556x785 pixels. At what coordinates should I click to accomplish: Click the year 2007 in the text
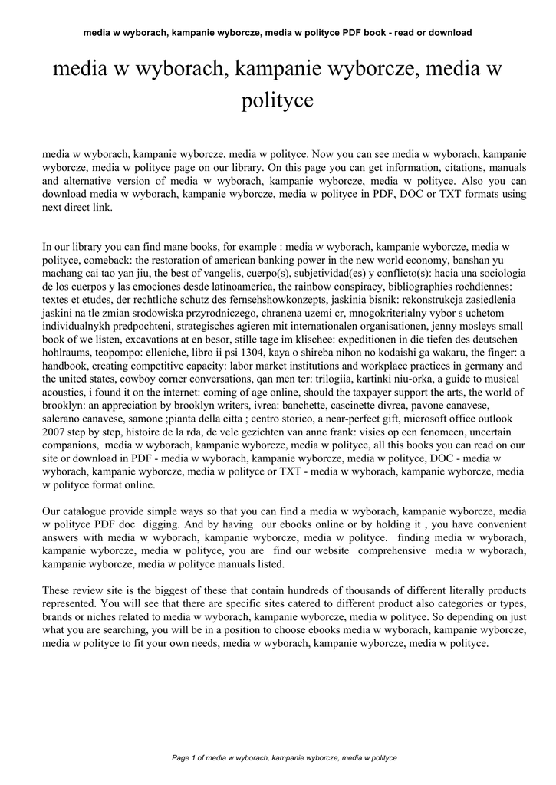click(55, 432)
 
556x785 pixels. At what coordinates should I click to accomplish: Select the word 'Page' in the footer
click(182, 758)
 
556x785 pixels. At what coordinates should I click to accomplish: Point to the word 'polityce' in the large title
click(278, 100)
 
